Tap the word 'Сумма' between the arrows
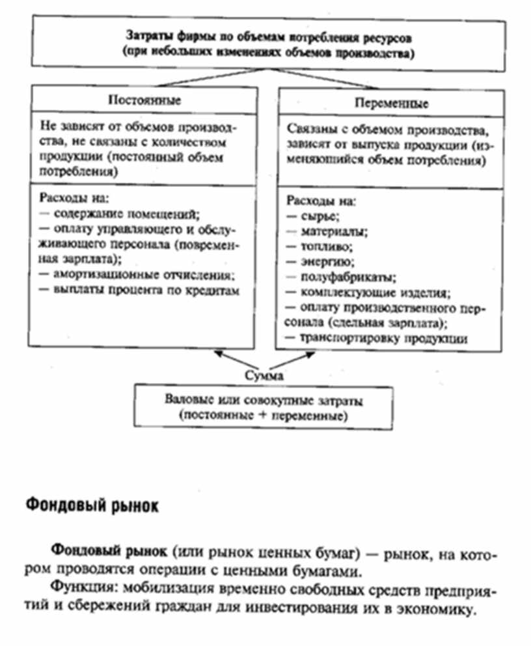[263, 376]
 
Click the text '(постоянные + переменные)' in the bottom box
[264, 415]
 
